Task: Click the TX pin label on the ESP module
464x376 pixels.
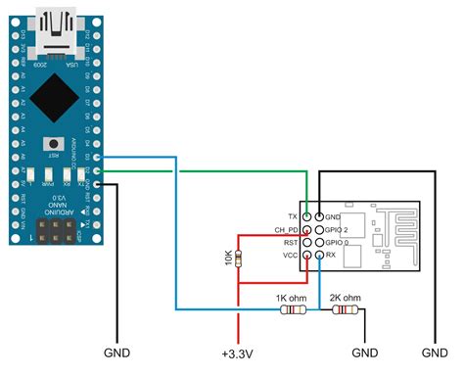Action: (291, 215)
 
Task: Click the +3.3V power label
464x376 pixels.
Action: (237, 352)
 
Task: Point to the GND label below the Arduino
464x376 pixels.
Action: (116, 352)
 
